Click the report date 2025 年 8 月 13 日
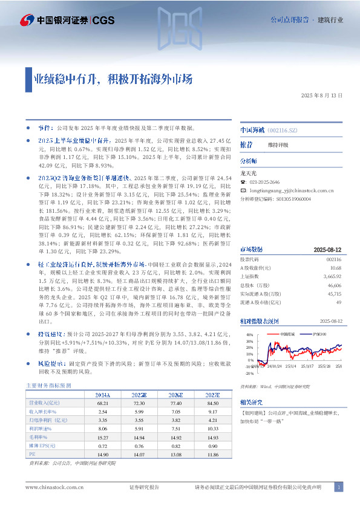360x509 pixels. click(321, 96)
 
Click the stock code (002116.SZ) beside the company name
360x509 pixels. click(282, 130)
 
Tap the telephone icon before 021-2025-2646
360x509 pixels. click(243, 182)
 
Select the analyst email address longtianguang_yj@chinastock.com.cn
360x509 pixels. click(293, 190)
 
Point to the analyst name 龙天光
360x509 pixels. click(249, 173)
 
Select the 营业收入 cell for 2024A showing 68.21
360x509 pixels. click(102, 403)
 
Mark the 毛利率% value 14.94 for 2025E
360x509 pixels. click(139, 436)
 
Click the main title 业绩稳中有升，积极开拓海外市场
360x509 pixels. click(113, 79)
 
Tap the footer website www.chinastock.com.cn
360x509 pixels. click(51, 487)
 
